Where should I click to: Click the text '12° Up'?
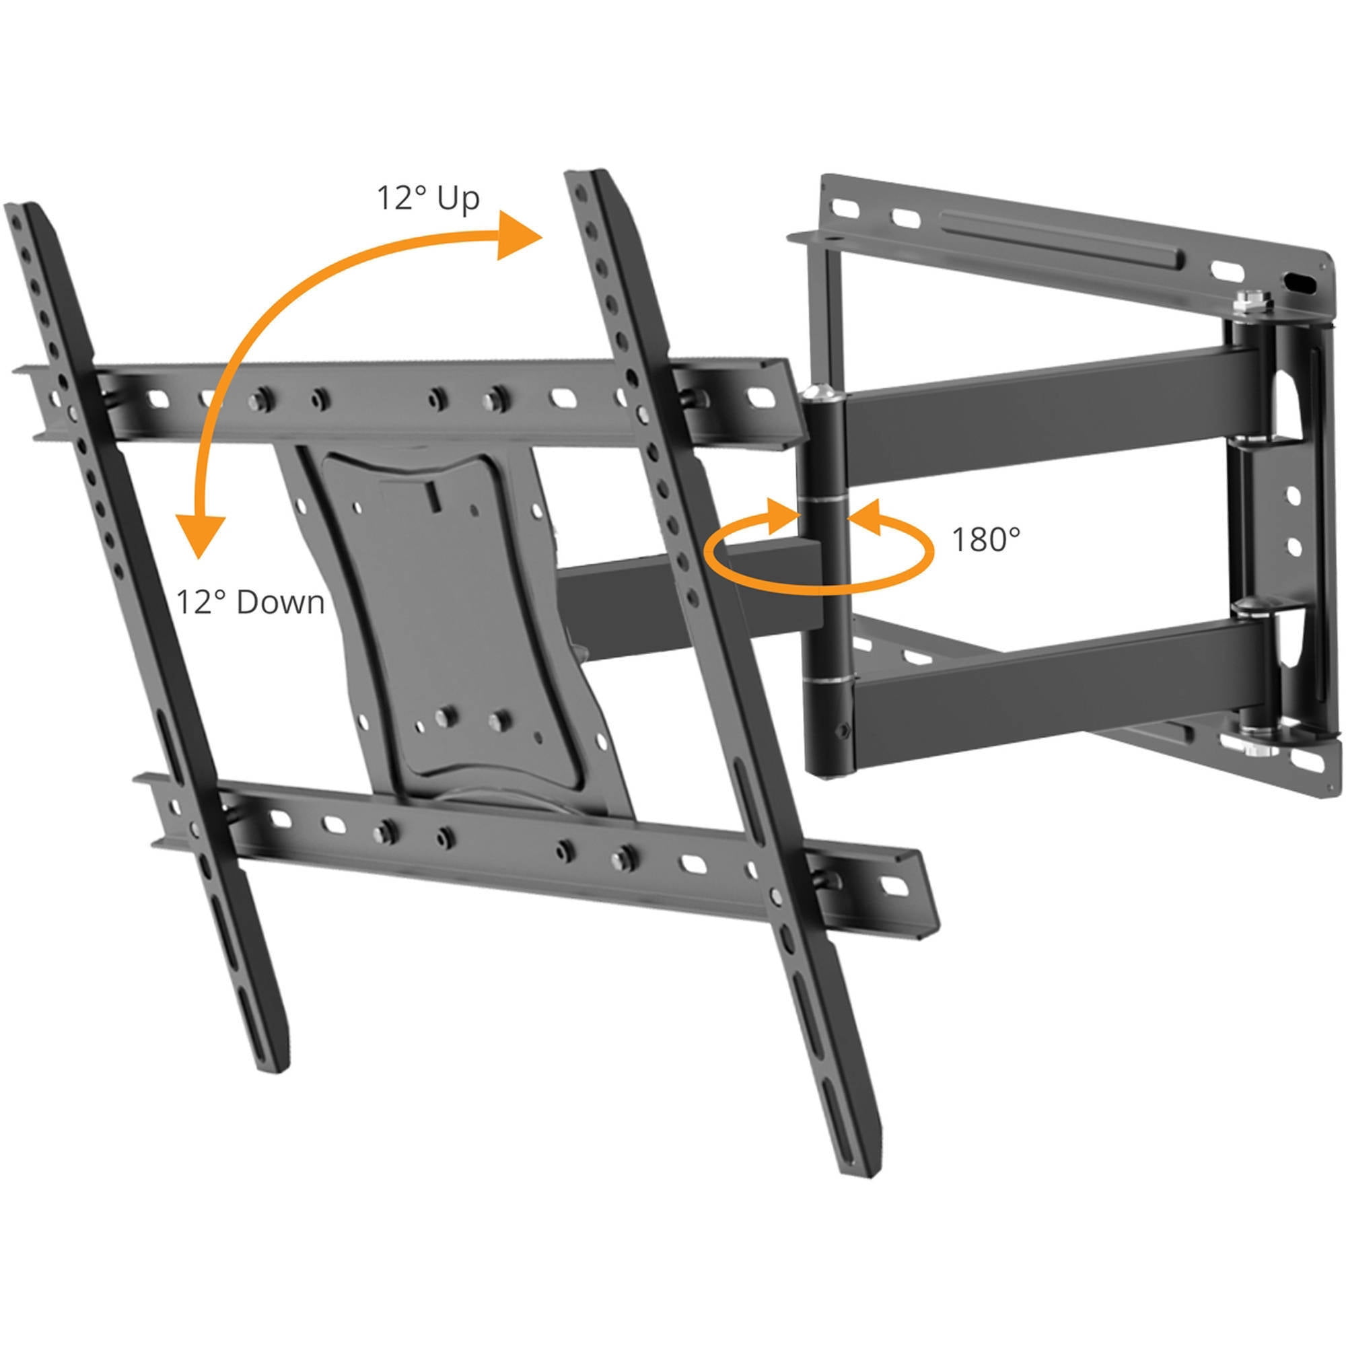[428, 199]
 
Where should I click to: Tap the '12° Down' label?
[250, 602]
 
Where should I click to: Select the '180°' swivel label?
[985, 539]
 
